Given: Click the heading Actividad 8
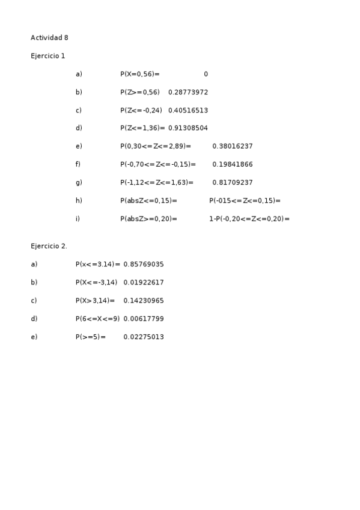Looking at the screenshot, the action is (x=49, y=38).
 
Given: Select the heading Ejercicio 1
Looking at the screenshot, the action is (x=48, y=56).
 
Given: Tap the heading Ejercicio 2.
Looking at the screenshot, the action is (x=49, y=246).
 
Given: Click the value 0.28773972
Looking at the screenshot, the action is (x=188, y=92).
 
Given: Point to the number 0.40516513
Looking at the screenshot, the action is (x=188, y=111).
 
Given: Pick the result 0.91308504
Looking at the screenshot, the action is (x=188, y=128).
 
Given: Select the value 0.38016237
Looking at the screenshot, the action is (x=233, y=146).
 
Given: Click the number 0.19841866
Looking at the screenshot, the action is (x=233, y=164).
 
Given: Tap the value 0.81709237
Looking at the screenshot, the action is (x=233, y=182).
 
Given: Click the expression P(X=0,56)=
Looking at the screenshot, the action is (x=140, y=74).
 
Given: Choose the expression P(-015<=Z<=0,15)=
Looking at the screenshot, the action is (x=245, y=201).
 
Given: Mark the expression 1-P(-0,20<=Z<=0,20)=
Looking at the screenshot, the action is (x=249, y=219).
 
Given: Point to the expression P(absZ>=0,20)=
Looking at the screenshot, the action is (x=148, y=219).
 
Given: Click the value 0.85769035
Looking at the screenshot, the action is (x=144, y=265).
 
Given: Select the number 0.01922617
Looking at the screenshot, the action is (x=144, y=283).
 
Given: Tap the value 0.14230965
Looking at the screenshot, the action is (x=144, y=301).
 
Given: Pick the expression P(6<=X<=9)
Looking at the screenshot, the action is (x=97, y=319).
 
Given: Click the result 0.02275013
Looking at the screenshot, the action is (x=144, y=337).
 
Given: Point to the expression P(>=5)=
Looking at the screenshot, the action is (x=91, y=337).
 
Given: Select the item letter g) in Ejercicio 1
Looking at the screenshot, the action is (x=79, y=182).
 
